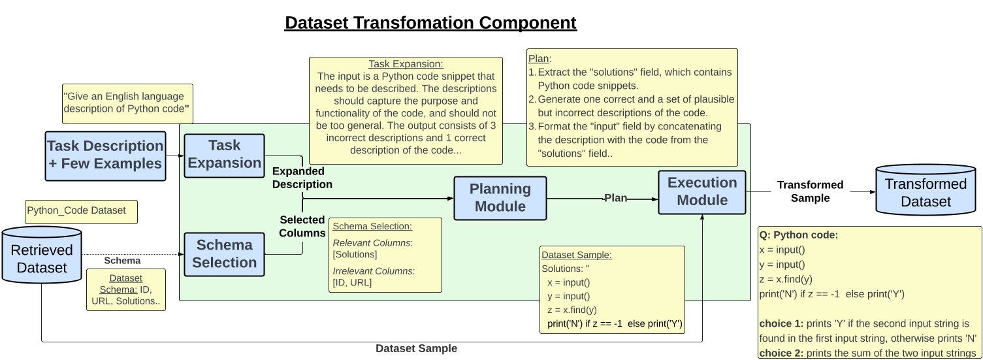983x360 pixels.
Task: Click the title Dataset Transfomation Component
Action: (430, 23)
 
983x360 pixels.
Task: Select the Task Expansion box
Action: (224, 155)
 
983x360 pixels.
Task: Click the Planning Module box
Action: (500, 197)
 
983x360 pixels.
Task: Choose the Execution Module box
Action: (701, 192)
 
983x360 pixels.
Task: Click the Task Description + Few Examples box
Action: (105, 155)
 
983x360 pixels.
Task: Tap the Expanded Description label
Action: (302, 178)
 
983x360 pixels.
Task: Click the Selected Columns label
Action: (302, 226)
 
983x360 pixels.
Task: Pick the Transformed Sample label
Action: (810, 191)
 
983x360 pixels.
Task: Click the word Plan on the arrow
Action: (615, 198)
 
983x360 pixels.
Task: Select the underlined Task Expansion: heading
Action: (406, 65)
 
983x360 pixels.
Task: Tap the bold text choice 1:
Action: (781, 323)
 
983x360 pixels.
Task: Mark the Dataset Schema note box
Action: (126, 290)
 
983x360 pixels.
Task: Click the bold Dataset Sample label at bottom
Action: (416, 348)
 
